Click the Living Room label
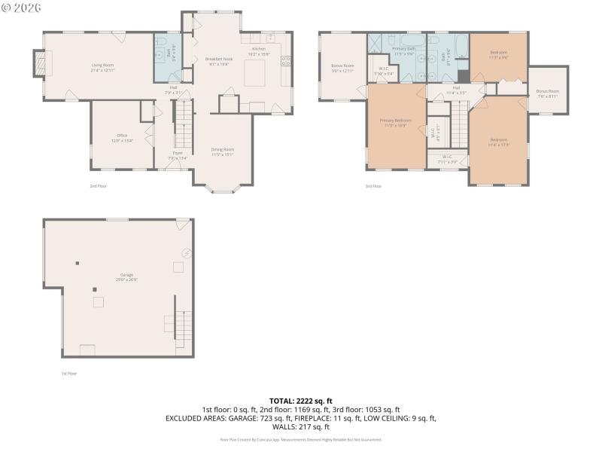pyautogui.click(x=102, y=68)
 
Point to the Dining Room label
pyautogui.click(x=222, y=151)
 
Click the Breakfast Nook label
pyautogui.click(x=217, y=61)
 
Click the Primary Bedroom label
pyautogui.click(x=395, y=122)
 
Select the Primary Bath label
pyautogui.click(x=404, y=50)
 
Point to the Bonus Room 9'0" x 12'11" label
pyautogui.click(x=342, y=68)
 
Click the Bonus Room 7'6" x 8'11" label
pyautogui.click(x=547, y=93)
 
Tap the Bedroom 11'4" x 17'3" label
pyautogui.click(x=499, y=141)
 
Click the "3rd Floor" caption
pyautogui.click(x=373, y=185)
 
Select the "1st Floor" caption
pyautogui.click(x=69, y=373)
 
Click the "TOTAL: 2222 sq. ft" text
pyautogui.click(x=300, y=401)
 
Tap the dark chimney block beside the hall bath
pyautogui.click(x=464, y=76)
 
